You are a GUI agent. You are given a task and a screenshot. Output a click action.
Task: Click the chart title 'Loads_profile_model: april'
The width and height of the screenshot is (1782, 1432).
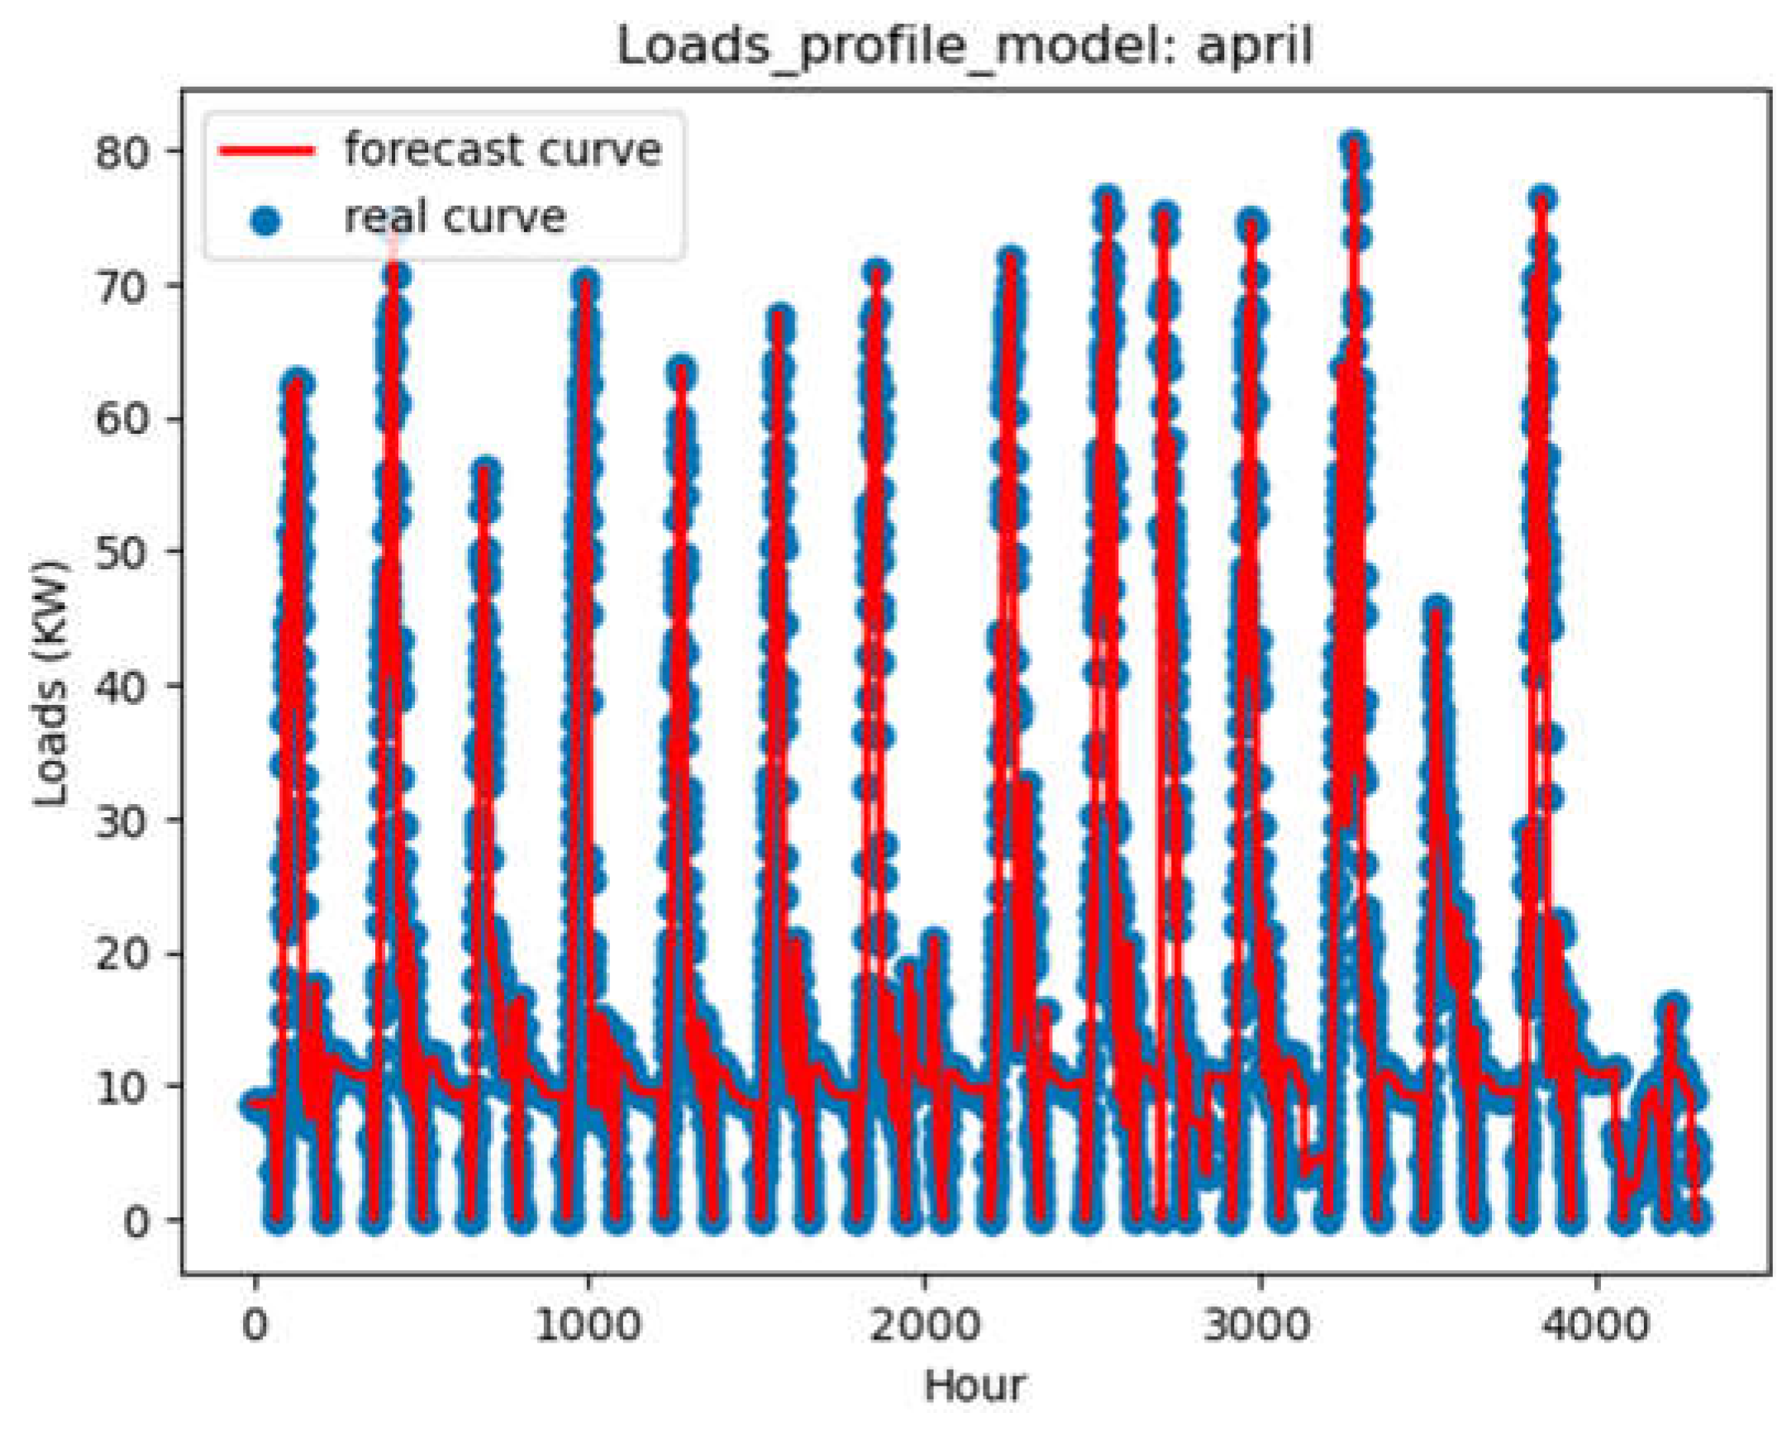pyautogui.click(x=964, y=46)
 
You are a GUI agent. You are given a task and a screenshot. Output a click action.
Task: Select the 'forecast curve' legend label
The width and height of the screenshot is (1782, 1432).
pyautogui.click(x=503, y=150)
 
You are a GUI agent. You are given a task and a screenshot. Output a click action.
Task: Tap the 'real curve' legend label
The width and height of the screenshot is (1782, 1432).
pyautogui.click(x=455, y=218)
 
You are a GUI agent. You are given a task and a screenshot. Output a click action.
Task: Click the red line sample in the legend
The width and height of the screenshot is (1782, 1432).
pyautogui.click(x=266, y=150)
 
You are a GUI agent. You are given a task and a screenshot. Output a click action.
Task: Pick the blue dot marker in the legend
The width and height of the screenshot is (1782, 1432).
pyautogui.click(x=266, y=221)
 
